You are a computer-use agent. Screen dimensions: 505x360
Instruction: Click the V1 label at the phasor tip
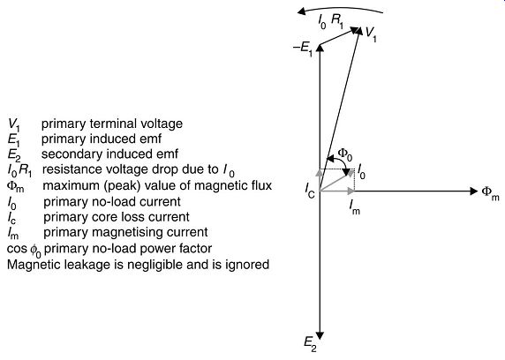[371, 34]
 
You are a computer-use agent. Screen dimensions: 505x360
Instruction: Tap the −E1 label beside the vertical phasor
[303, 49]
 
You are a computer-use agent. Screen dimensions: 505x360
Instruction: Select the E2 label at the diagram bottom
[311, 345]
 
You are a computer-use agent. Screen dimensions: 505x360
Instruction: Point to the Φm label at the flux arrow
[491, 193]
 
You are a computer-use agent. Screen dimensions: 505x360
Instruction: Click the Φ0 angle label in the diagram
[344, 154]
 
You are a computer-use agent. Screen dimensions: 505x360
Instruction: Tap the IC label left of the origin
[310, 191]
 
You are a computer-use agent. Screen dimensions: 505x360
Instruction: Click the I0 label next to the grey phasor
[362, 171]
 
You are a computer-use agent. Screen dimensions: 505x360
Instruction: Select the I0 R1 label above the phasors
[330, 21]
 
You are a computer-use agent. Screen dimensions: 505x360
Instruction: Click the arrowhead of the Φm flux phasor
[474, 191]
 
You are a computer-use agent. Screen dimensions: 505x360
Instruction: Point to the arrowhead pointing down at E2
[320, 335]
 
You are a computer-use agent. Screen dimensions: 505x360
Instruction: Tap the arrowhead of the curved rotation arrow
[301, 12]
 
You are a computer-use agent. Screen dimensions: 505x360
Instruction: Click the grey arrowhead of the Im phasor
[351, 191]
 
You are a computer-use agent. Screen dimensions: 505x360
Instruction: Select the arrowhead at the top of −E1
[320, 48]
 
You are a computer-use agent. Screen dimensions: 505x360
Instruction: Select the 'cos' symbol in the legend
[17, 249]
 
